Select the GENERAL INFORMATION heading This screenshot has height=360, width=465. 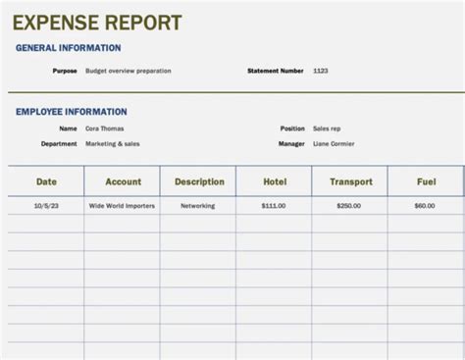(x=69, y=47)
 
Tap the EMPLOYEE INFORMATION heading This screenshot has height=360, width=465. (x=72, y=112)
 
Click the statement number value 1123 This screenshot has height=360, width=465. (x=321, y=71)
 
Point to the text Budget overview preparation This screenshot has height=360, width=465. (x=129, y=71)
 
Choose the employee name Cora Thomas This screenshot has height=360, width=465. (x=105, y=128)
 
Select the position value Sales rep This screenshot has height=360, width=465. (x=328, y=128)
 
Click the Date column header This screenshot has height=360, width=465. (x=46, y=181)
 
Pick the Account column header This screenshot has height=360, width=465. (x=123, y=181)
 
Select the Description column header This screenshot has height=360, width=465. (x=199, y=181)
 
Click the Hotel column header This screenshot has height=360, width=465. (x=275, y=181)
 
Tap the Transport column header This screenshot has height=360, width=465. (x=350, y=181)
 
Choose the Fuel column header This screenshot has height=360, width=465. (x=425, y=181)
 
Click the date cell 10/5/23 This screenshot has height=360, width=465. (x=46, y=206)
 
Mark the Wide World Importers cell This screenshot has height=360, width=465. (x=122, y=206)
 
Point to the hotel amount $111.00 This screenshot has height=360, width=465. (x=275, y=206)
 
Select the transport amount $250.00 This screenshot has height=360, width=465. (x=349, y=206)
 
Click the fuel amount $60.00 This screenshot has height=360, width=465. (x=425, y=206)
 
